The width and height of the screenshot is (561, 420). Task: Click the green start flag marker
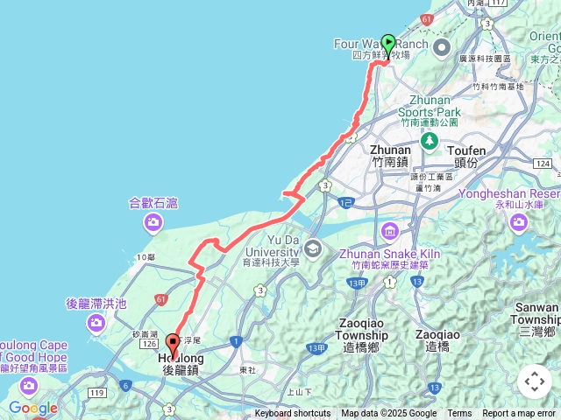click(x=388, y=42)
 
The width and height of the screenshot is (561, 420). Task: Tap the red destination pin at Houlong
click(x=173, y=344)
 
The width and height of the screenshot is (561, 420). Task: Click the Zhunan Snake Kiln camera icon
click(x=389, y=231)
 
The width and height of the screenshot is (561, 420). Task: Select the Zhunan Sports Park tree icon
click(x=430, y=142)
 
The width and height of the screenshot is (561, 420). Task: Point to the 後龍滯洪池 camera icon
click(x=96, y=324)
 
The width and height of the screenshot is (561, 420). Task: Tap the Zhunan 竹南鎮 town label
click(x=390, y=156)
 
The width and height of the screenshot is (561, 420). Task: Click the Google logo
click(x=33, y=408)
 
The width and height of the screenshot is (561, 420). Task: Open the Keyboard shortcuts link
click(x=293, y=414)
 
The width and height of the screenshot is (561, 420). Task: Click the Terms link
click(x=459, y=414)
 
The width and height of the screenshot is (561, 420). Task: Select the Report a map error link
click(x=519, y=414)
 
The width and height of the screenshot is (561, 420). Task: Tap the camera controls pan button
click(x=535, y=381)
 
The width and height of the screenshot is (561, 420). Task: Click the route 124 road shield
click(x=544, y=164)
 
